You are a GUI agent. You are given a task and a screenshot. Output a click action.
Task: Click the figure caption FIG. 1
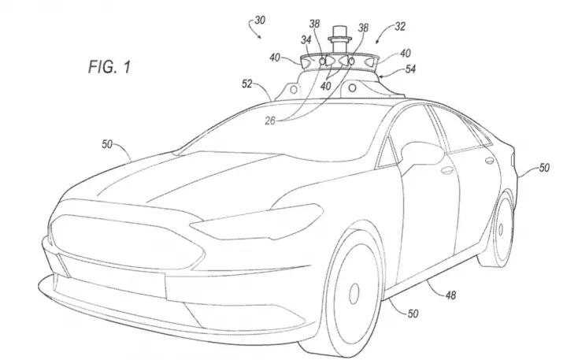(109, 67)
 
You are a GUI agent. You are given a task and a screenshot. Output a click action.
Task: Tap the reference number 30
(260, 20)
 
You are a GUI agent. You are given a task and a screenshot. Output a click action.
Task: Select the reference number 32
(400, 27)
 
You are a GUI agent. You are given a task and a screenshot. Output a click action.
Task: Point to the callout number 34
(306, 40)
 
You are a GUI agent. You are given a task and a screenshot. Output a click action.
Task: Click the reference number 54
(410, 69)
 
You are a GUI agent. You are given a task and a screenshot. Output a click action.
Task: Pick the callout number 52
(247, 84)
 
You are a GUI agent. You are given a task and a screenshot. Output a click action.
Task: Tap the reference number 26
(270, 121)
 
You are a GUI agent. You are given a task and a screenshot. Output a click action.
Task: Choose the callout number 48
(450, 295)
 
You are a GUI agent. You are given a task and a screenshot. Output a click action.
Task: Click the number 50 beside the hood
(107, 144)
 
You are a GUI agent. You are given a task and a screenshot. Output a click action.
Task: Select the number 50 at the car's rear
(544, 168)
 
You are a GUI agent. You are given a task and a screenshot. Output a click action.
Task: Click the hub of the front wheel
(354, 293)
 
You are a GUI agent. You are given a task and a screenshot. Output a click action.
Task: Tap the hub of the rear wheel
(501, 229)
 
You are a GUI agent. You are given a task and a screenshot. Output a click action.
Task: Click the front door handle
(447, 170)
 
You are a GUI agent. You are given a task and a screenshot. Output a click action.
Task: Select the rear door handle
(489, 160)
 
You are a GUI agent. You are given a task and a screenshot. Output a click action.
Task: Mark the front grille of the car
(127, 241)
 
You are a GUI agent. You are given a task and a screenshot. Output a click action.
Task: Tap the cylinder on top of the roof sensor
(340, 39)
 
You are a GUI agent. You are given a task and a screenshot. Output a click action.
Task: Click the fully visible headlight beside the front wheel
(256, 222)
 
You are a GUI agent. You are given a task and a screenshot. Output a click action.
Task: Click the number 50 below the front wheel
(413, 314)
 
